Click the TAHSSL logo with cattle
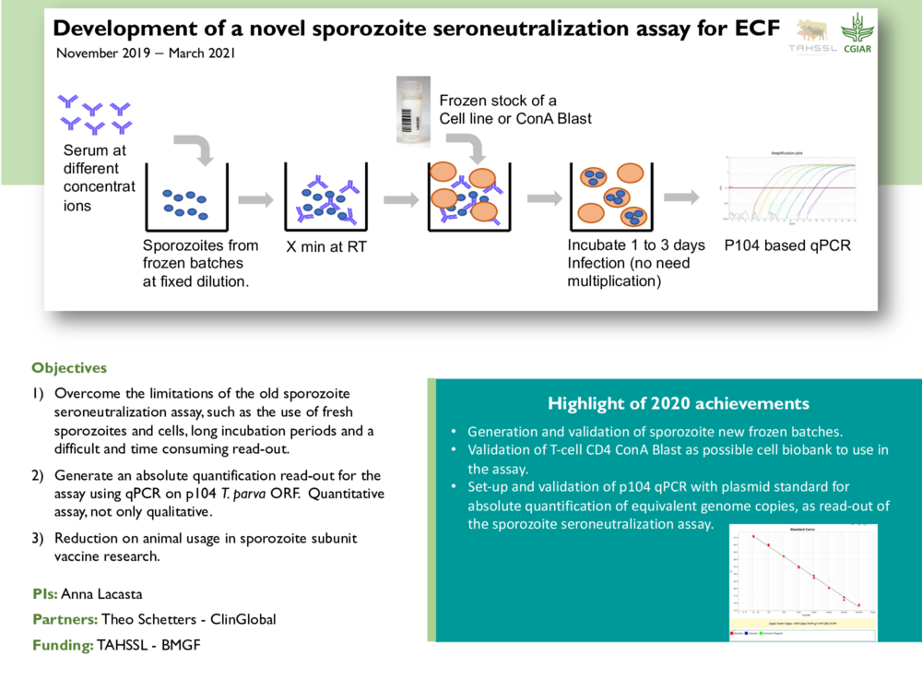812,35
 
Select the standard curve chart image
799,581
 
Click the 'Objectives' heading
69,367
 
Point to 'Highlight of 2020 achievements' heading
678,403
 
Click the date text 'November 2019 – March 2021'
146,53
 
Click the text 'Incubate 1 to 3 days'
635,245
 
